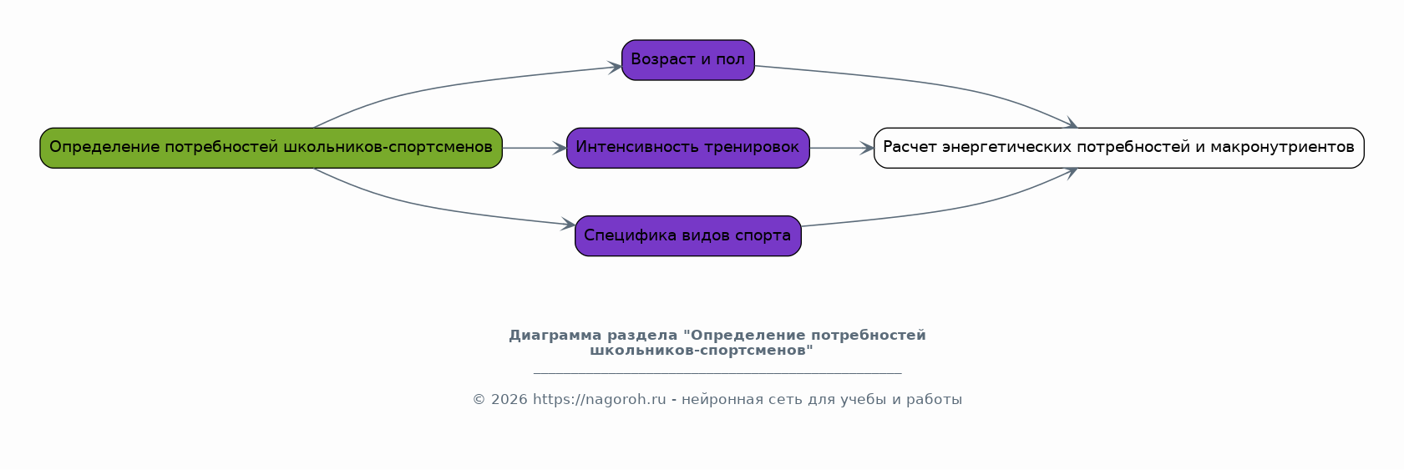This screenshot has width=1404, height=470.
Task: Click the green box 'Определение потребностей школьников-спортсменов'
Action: pyautogui.click(x=271, y=148)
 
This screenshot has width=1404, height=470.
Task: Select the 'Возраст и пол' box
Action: pyautogui.click(x=687, y=60)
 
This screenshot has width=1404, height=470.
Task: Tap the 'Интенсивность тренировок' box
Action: pyautogui.click(x=687, y=148)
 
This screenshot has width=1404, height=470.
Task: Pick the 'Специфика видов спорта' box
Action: pyautogui.click(x=687, y=235)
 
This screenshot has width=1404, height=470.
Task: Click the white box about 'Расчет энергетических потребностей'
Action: pyautogui.click(x=1119, y=148)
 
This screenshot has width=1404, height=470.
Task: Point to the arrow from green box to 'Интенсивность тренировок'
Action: pyautogui.click(x=535, y=148)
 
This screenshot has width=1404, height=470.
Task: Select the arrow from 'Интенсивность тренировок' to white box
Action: pyautogui.click(x=842, y=148)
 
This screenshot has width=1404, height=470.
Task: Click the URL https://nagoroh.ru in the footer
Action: pyautogui.click(x=599, y=400)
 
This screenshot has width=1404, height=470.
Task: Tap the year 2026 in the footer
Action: pyautogui.click(x=509, y=400)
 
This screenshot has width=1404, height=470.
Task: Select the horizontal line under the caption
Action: pyautogui.click(x=717, y=373)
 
